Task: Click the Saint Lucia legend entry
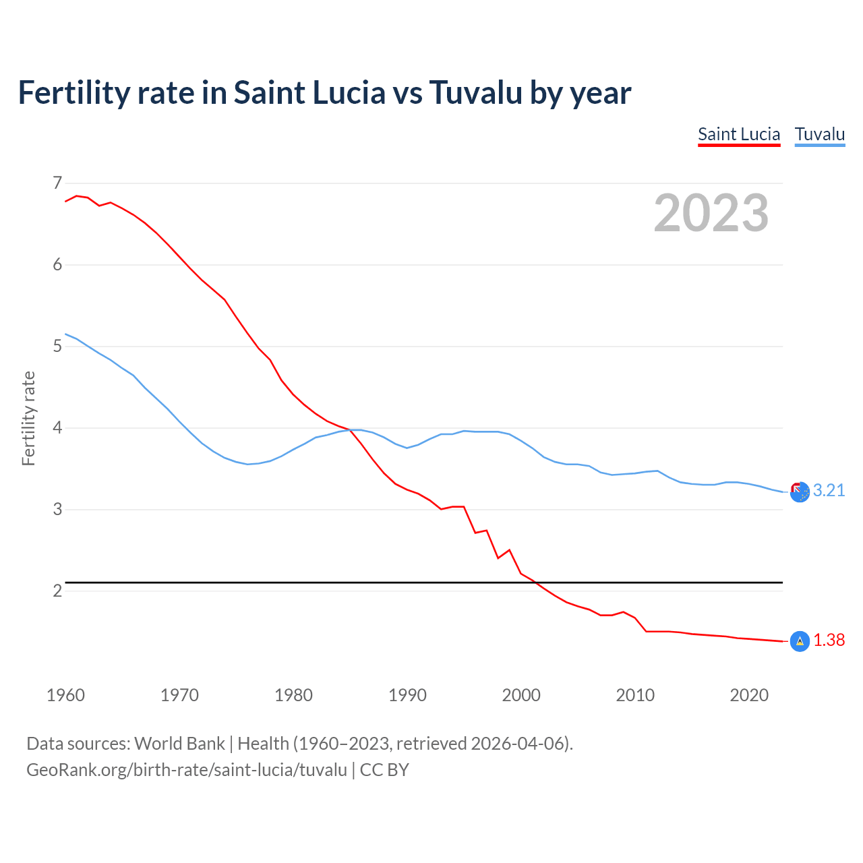click(739, 134)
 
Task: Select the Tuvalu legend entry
click(819, 134)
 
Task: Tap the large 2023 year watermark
click(711, 213)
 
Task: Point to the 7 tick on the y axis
click(57, 183)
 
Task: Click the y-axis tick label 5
click(57, 346)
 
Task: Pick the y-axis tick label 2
click(57, 591)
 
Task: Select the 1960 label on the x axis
click(65, 695)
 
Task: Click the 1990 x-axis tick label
click(407, 695)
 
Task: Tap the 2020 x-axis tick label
click(749, 695)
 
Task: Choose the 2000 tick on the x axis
click(521, 695)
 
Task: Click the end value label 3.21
click(829, 490)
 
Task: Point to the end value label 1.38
click(829, 640)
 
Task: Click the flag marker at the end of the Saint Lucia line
click(800, 641)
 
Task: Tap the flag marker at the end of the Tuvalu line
click(800, 493)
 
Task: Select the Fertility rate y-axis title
click(28, 418)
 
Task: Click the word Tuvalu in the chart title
click(475, 92)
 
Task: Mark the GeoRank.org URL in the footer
click(186, 769)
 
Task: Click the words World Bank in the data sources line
click(179, 743)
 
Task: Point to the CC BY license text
click(384, 769)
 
